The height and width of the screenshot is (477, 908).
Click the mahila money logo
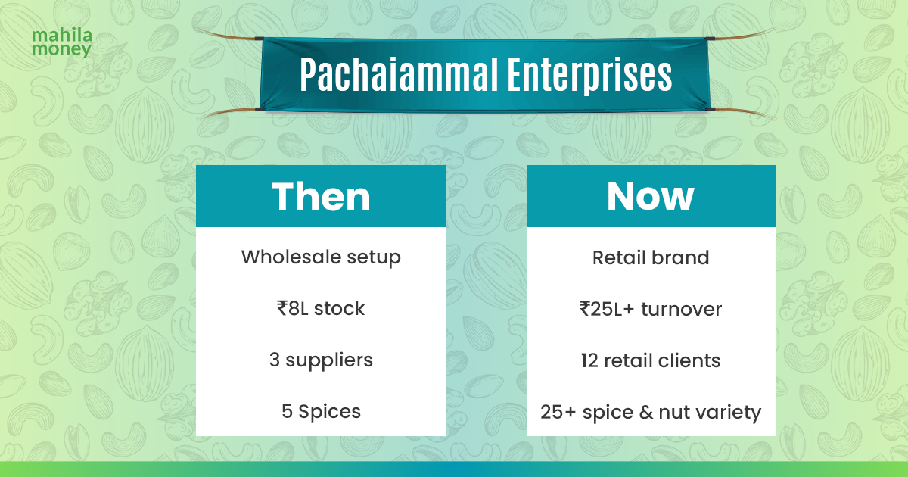(x=62, y=43)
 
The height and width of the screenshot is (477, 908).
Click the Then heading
(x=321, y=196)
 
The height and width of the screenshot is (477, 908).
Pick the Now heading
(x=651, y=196)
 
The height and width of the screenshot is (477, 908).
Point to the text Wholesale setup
(x=321, y=257)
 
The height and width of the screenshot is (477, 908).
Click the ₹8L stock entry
(x=321, y=309)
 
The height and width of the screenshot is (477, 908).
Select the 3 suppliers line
(x=321, y=360)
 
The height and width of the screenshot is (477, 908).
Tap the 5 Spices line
(x=321, y=411)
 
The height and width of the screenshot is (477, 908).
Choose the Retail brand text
(x=651, y=257)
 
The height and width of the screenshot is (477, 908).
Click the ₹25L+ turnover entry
(x=651, y=309)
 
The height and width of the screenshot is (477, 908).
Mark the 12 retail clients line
(x=651, y=360)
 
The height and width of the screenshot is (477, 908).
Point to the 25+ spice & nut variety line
(x=651, y=413)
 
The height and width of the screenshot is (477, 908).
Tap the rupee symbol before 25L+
(x=586, y=309)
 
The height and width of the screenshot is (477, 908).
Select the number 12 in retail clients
(x=590, y=360)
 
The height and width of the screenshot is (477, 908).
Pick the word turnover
(x=683, y=309)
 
